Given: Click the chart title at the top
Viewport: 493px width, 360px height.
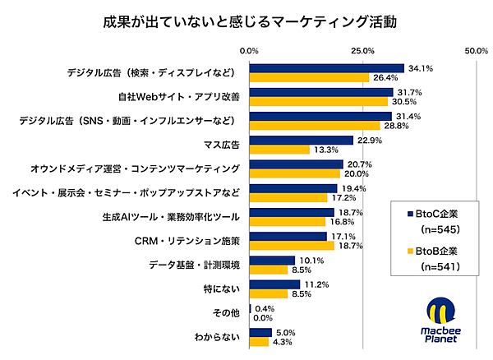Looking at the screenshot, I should coord(246,21).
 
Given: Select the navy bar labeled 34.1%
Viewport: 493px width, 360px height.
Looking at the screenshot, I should coord(326,68).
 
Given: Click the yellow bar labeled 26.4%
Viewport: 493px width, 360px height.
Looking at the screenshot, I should coord(309,78).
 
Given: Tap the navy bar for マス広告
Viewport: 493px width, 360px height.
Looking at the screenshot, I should coord(301,141).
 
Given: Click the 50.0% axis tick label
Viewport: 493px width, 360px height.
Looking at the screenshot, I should coord(477,51).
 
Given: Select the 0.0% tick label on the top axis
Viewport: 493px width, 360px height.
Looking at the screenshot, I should coord(249,51).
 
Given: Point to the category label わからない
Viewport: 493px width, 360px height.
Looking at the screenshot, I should coord(217,337).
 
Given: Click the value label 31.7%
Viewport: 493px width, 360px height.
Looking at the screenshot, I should coord(408,92).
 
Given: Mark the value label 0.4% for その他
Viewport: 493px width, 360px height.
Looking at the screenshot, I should coord(265,308).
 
